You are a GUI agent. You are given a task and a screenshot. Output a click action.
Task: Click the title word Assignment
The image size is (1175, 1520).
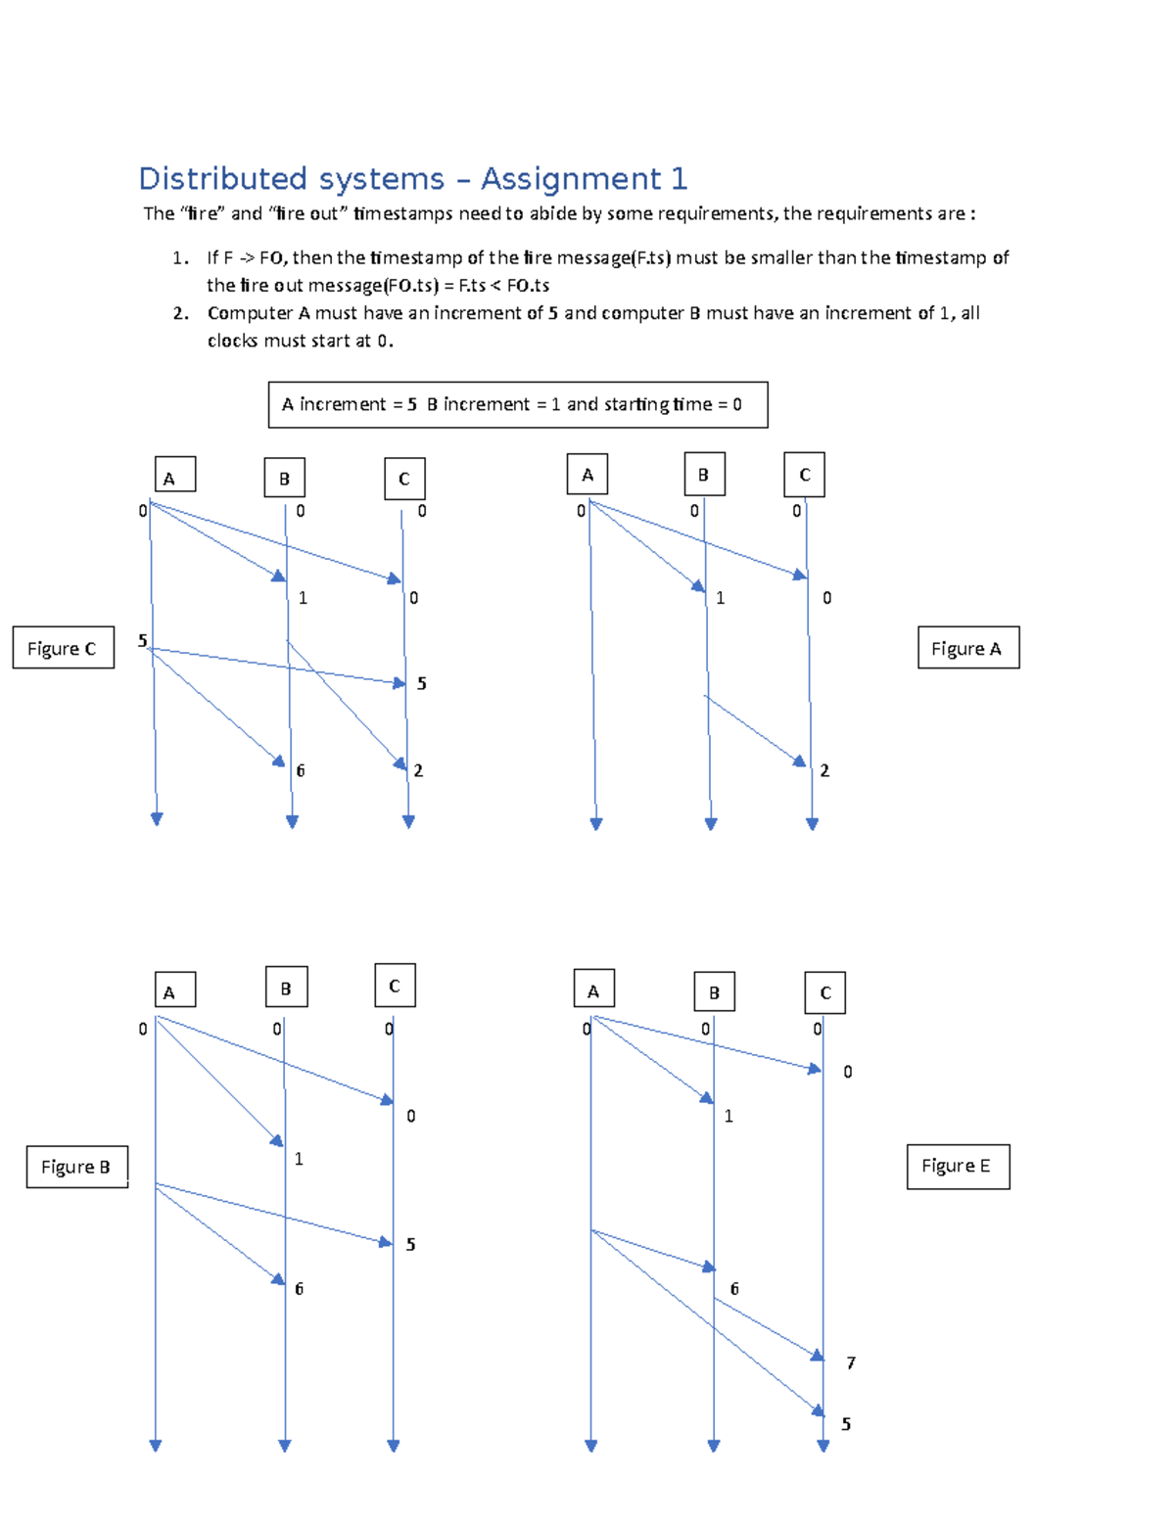570,179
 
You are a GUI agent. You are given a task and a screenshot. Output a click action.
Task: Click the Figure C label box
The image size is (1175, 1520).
63,648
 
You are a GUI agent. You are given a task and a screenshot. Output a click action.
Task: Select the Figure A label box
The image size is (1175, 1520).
967,648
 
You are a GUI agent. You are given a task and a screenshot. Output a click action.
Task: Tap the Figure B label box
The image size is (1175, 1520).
76,1167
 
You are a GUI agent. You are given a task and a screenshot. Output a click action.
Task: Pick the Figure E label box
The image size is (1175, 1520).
957,1167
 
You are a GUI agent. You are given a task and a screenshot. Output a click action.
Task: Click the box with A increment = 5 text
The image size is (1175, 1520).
518,404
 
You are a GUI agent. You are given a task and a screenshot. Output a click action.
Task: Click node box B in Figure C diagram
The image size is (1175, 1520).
284,479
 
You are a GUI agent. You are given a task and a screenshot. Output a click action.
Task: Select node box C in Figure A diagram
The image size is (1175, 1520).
804,475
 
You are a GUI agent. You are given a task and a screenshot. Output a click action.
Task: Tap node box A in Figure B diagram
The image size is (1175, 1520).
174,990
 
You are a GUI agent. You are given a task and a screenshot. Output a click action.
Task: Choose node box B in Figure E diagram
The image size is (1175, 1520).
714,991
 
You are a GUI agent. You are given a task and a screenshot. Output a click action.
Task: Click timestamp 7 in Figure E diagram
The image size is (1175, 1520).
850,1362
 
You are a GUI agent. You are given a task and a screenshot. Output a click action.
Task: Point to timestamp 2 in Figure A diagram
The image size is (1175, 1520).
824,770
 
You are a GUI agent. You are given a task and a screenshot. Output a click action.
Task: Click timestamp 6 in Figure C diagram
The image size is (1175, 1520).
300,770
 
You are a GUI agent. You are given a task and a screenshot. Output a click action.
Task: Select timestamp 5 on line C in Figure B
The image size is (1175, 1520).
410,1244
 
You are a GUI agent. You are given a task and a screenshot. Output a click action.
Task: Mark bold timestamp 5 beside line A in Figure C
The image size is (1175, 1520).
142,640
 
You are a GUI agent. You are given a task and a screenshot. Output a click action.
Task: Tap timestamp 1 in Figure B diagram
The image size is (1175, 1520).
299,1159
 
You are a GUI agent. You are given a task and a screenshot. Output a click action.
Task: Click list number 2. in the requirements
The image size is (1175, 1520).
180,313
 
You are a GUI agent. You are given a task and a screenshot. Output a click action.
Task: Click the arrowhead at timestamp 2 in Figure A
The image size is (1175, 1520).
800,760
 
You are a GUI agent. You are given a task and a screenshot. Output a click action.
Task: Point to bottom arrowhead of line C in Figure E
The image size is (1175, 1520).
822,1446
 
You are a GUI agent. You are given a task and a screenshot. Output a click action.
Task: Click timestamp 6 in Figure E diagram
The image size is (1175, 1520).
734,1288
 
